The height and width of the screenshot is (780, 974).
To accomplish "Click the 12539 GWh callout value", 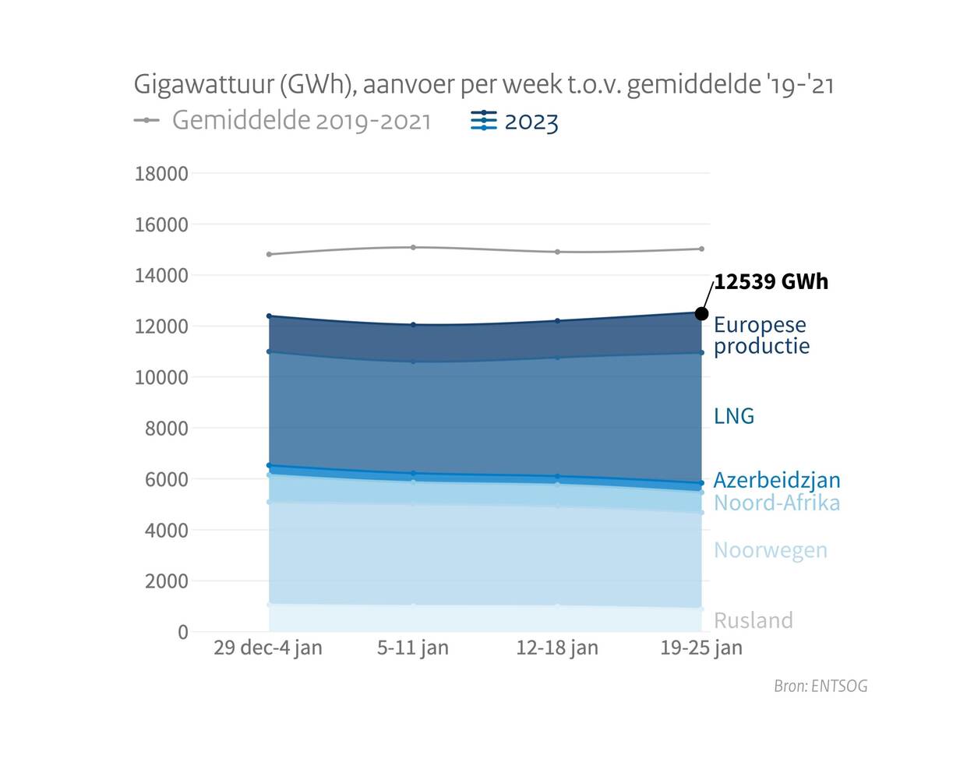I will coord(771,281).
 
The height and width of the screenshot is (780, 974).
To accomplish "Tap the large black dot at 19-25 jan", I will coord(701,313).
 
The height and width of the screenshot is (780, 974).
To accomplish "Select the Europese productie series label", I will coord(761,335).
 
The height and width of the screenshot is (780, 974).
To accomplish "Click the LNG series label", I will coord(734,416).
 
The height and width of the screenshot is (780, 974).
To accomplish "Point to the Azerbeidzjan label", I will coord(777,480).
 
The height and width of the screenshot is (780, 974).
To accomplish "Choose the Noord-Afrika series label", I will coord(777,503).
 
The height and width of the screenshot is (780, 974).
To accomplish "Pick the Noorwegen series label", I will coord(770,550).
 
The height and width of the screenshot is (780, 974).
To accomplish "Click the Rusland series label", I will coord(753,620).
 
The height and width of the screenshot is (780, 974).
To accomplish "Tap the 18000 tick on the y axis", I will coord(161,174).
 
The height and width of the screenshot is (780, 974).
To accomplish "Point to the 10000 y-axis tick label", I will coord(161,377).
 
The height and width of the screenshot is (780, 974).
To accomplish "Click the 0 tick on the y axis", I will coord(183,632).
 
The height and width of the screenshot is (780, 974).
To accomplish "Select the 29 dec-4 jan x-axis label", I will coord(267,648).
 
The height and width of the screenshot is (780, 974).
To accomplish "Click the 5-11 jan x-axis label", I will coord(413,648).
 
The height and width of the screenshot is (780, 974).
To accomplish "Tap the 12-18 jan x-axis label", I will coord(557,648).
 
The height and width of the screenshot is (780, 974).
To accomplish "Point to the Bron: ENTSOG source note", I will coord(820,686).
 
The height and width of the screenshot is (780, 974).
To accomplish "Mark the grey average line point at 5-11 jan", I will coord(413,247).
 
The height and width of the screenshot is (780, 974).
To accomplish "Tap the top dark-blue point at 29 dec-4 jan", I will coord(269,316).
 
